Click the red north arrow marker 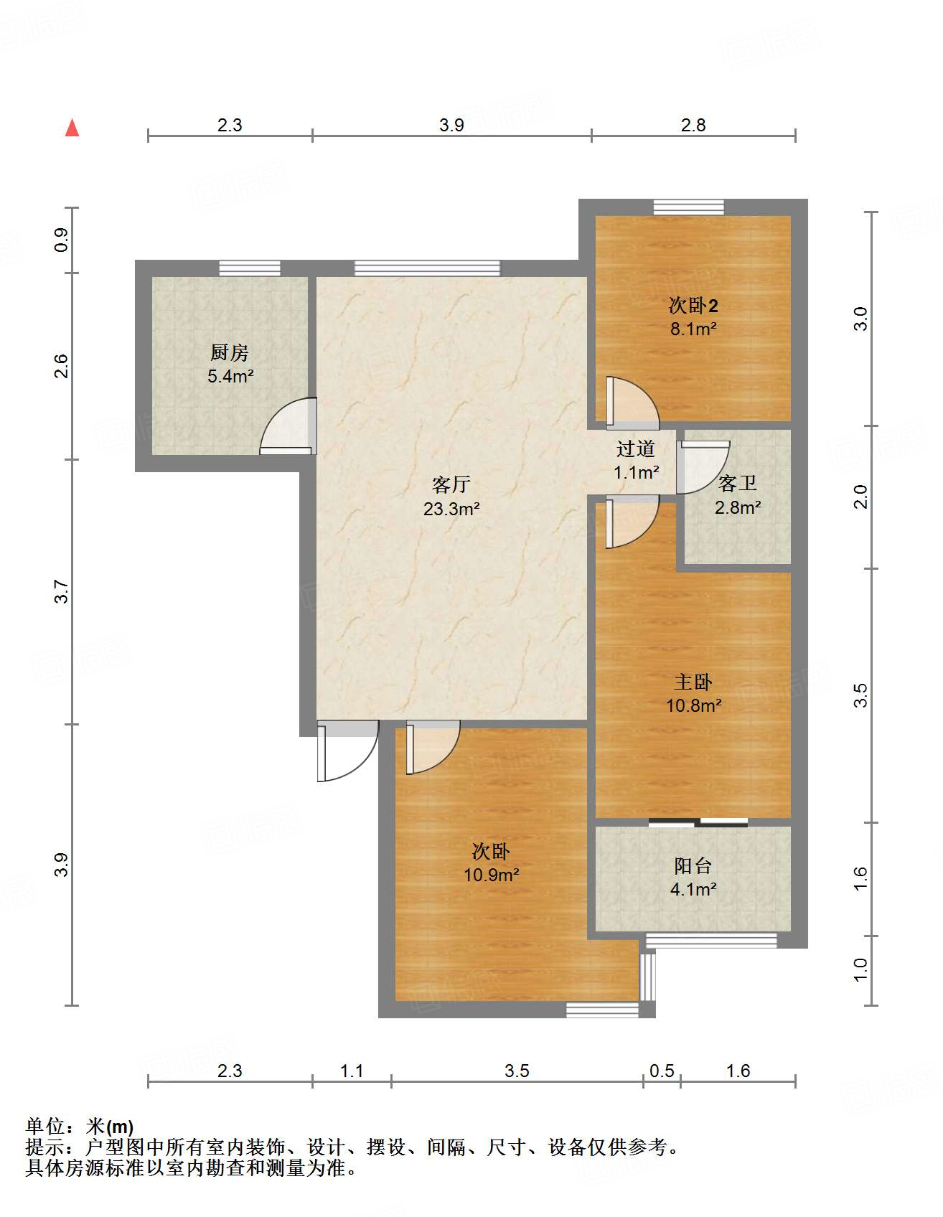[72, 128]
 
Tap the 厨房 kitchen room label [230, 352]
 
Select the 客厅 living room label [451, 484]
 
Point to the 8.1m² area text [693, 329]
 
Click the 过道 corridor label [636, 448]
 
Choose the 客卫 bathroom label [738, 484]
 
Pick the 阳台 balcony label [693, 865]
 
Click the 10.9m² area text [492, 875]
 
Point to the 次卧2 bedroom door [632, 403]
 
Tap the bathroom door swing [703, 467]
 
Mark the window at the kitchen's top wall [250, 268]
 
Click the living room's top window [428, 268]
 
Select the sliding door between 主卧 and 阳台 [698, 822]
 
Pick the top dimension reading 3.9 [452, 125]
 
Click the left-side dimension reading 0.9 [62, 240]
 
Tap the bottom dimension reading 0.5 [662, 1071]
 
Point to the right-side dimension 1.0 [860, 970]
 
